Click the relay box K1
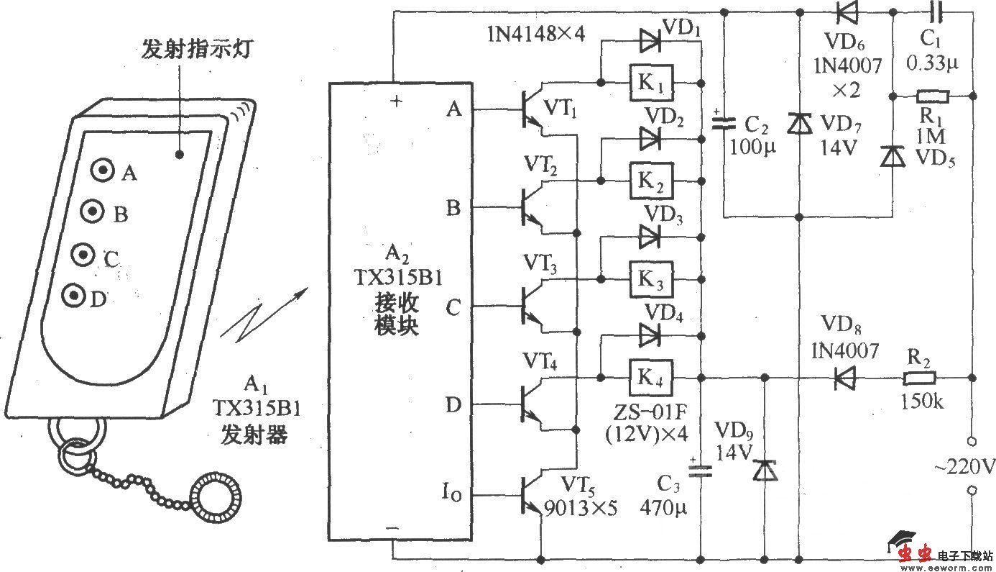pyautogui.click(x=652, y=83)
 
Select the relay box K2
pyautogui.click(x=652, y=181)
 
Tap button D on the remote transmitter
pyautogui.click(x=73, y=295)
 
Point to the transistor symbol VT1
pyautogui.click(x=532, y=111)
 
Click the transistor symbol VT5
pyautogui.click(x=532, y=496)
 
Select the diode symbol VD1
pyautogui.click(x=650, y=42)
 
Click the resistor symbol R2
pyautogui.click(x=919, y=377)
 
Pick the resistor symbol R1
pyautogui.click(x=932, y=95)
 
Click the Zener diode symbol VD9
pyautogui.click(x=762, y=471)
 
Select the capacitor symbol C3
pyautogui.click(x=700, y=471)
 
